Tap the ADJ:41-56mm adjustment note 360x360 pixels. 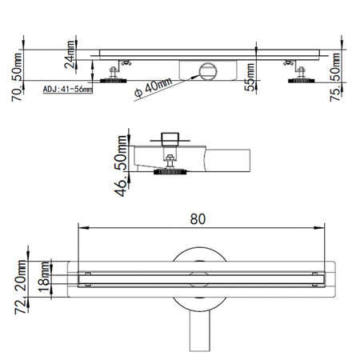point(67,90)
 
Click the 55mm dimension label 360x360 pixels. point(250,77)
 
